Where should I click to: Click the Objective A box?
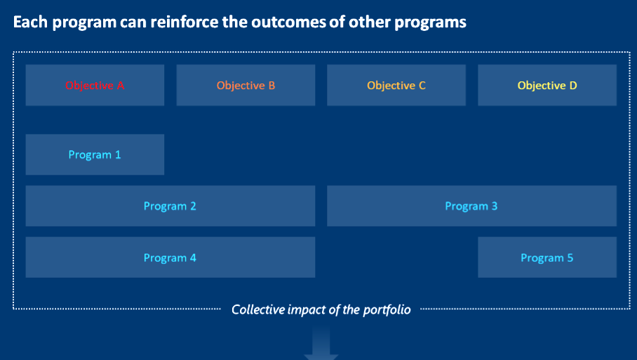(x=95, y=85)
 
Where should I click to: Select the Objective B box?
(x=246, y=85)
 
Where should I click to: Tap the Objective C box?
(x=396, y=85)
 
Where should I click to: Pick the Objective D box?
(x=547, y=85)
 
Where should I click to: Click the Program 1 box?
(x=95, y=154)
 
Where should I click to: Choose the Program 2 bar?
(x=170, y=206)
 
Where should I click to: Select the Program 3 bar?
(x=471, y=206)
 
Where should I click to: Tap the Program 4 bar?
(x=170, y=258)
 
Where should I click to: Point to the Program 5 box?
(x=547, y=258)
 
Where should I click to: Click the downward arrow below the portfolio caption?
(x=321, y=345)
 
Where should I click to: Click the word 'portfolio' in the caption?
(x=387, y=310)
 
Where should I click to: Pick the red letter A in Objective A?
(x=120, y=86)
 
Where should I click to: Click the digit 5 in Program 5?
(x=570, y=258)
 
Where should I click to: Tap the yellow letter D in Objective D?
(x=573, y=86)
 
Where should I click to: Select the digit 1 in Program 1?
(x=118, y=154)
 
